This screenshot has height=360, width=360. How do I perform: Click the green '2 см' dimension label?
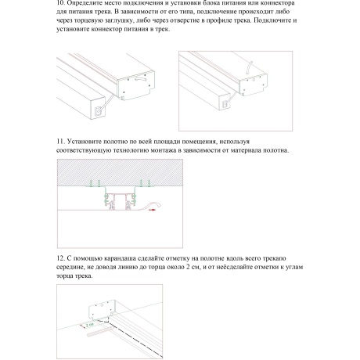pyautogui.click(x=91, y=322)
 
